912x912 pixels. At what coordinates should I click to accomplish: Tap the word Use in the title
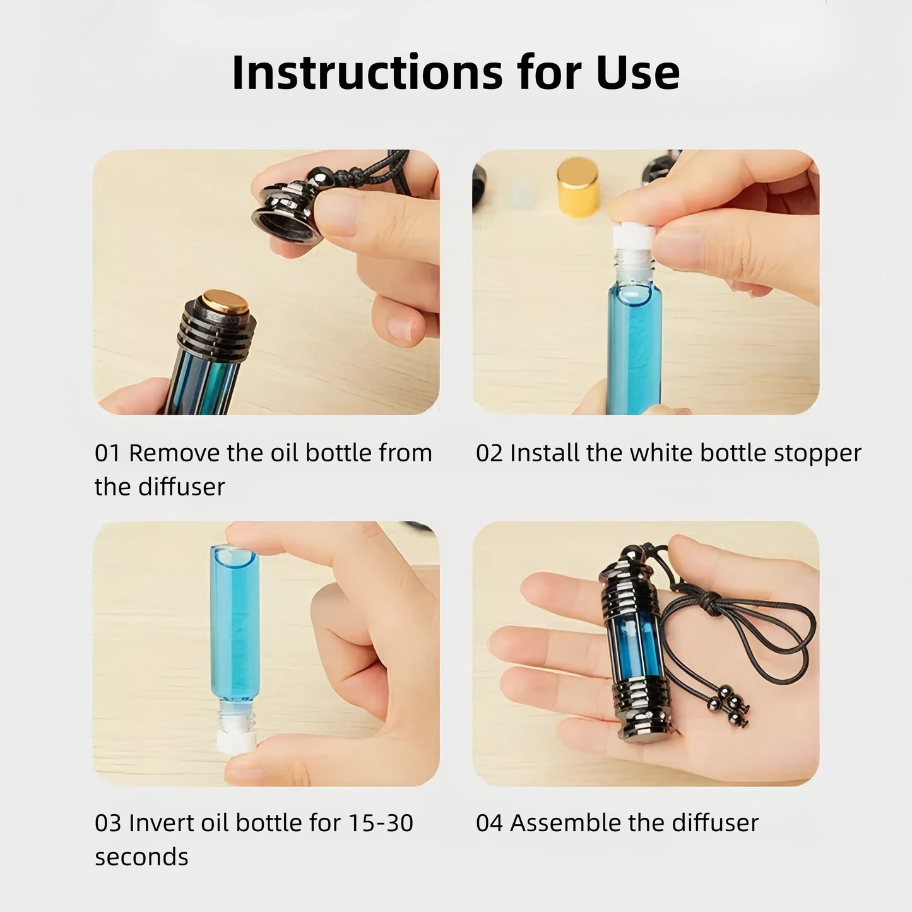[638, 73]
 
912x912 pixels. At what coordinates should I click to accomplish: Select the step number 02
[489, 453]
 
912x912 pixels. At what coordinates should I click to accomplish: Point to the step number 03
[108, 823]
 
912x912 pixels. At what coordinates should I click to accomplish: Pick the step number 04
[489, 823]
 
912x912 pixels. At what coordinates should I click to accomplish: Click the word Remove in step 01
[175, 453]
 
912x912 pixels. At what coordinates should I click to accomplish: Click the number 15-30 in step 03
[381, 823]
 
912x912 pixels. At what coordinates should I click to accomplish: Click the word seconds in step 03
[141, 857]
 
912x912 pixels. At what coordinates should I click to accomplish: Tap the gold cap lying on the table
[578, 188]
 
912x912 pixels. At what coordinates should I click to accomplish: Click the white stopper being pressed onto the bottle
[633, 237]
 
